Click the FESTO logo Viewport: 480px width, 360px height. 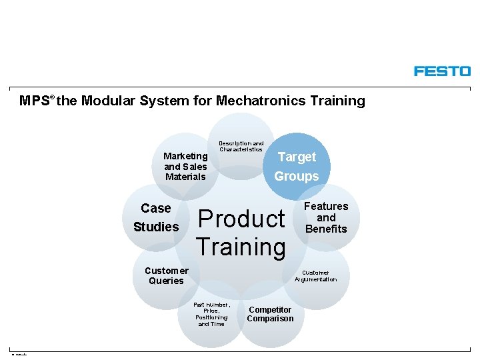tap(442, 71)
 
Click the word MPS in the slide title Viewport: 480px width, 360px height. tap(34, 101)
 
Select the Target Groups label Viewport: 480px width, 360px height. tap(297, 166)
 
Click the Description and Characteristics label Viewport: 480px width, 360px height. tap(241, 146)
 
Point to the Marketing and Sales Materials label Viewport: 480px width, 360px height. tap(186, 167)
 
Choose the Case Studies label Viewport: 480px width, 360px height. tap(156, 217)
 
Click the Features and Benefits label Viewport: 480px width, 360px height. tap(326, 217)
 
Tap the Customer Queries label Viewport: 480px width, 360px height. tap(166, 275)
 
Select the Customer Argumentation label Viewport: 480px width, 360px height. tap(315, 276)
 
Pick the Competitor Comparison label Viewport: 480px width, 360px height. tap(270, 314)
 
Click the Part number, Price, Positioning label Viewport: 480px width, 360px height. tap(211, 314)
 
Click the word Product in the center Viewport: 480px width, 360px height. tap(241, 219)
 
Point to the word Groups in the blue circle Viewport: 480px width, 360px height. tap(297, 176)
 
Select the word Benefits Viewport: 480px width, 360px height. tap(326, 229)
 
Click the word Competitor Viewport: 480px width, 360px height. tap(270, 309)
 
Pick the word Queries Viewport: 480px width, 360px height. tap(166, 281)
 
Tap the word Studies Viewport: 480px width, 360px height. tap(156, 227)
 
